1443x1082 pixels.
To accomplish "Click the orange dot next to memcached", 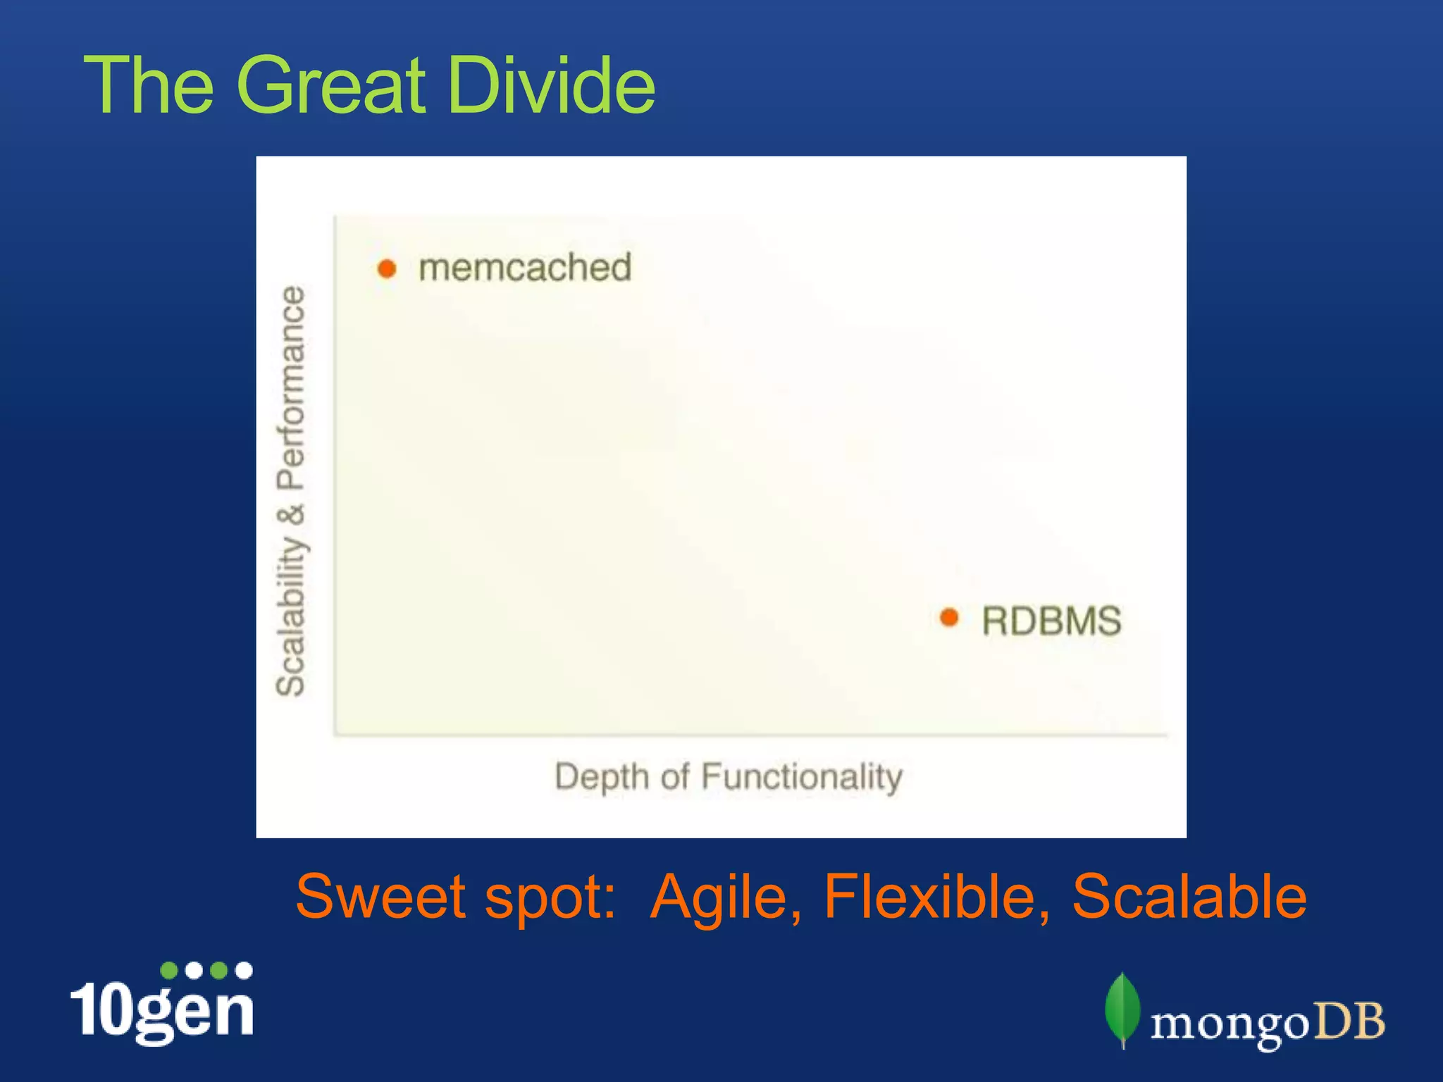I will [387, 268].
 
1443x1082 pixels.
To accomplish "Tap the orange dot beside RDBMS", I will [949, 618].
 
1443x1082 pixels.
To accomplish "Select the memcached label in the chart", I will [525, 268].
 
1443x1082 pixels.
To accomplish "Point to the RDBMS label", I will [1051, 621].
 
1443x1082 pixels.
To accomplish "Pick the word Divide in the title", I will [551, 85].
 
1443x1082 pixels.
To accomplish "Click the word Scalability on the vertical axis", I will [290, 615].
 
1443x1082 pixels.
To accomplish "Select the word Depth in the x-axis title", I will [601, 776].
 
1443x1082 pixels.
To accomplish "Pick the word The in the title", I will [149, 85].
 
